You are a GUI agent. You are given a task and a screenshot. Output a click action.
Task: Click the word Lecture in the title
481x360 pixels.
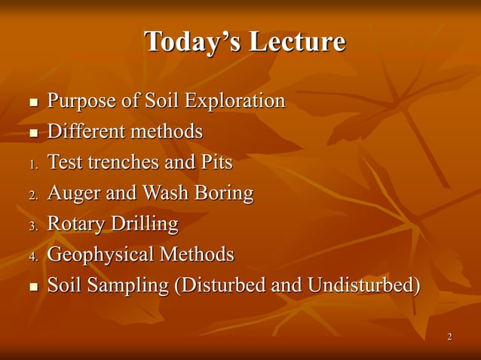tap(298, 42)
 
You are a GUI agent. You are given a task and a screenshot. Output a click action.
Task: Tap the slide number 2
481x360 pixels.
tap(449, 336)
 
